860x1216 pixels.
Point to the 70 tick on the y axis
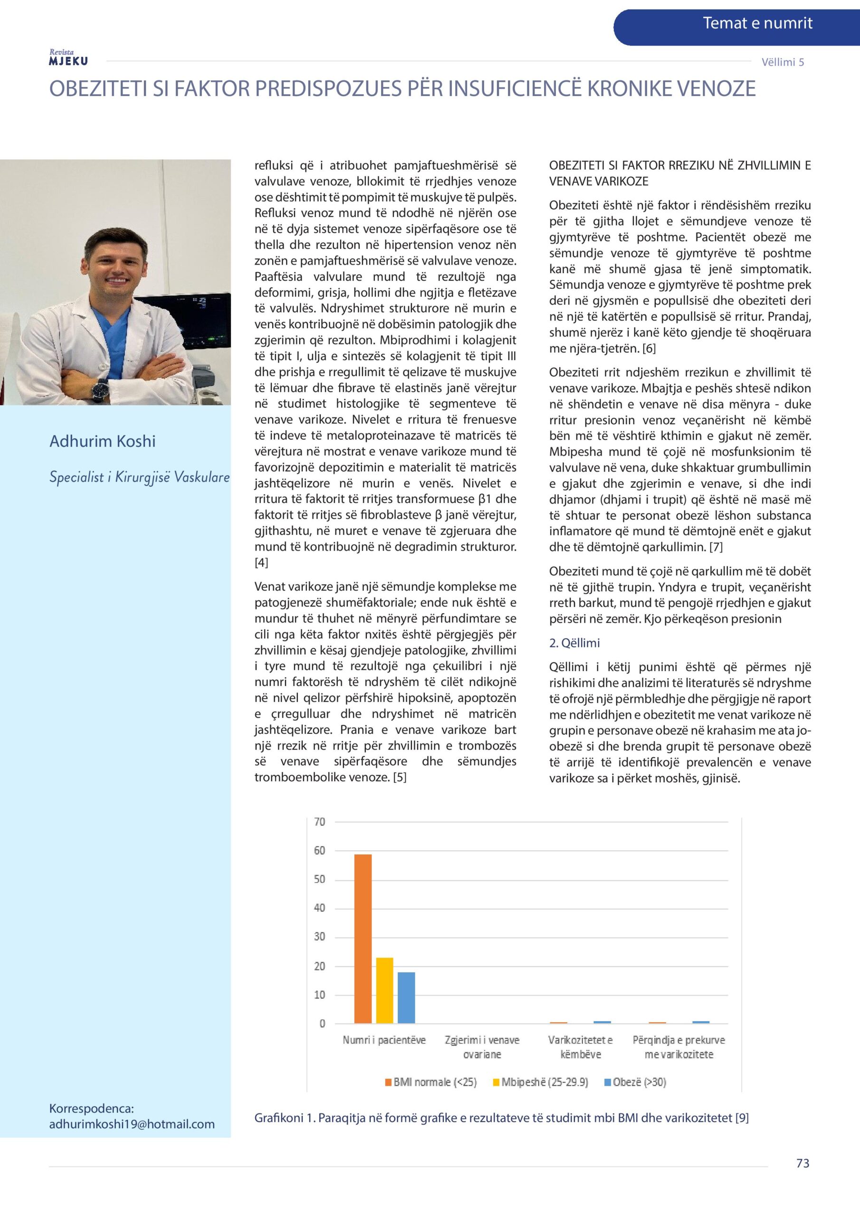(319, 822)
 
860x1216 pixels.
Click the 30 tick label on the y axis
(319, 936)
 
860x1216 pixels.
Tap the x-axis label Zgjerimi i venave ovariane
(482, 1047)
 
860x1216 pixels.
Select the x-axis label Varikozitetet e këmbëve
(581, 1047)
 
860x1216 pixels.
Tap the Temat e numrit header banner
(757, 23)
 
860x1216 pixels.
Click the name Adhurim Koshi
(102, 441)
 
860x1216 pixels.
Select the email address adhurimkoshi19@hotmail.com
(132, 1124)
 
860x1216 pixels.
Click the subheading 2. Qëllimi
(574, 643)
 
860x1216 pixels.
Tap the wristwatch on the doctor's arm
(100, 390)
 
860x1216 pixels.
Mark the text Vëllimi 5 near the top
(783, 62)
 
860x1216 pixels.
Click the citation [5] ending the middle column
(400, 778)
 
